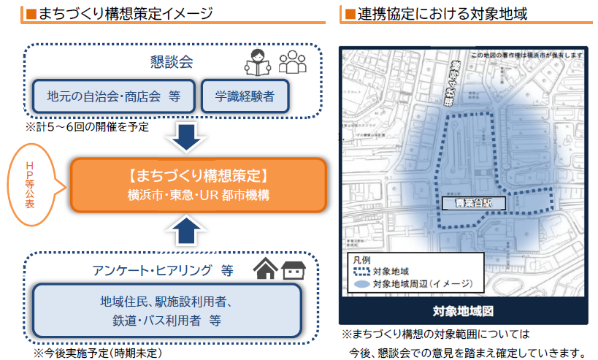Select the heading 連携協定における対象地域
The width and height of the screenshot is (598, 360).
442,13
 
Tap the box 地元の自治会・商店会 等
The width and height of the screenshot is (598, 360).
113,96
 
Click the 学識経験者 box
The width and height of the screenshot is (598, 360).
245,96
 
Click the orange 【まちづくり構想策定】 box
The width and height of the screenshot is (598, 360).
196,184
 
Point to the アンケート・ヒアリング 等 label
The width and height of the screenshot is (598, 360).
162,271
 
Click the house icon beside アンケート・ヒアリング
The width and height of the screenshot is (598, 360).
265,269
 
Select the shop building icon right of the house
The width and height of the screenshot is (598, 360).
293,270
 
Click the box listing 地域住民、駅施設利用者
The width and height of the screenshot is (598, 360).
166,310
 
